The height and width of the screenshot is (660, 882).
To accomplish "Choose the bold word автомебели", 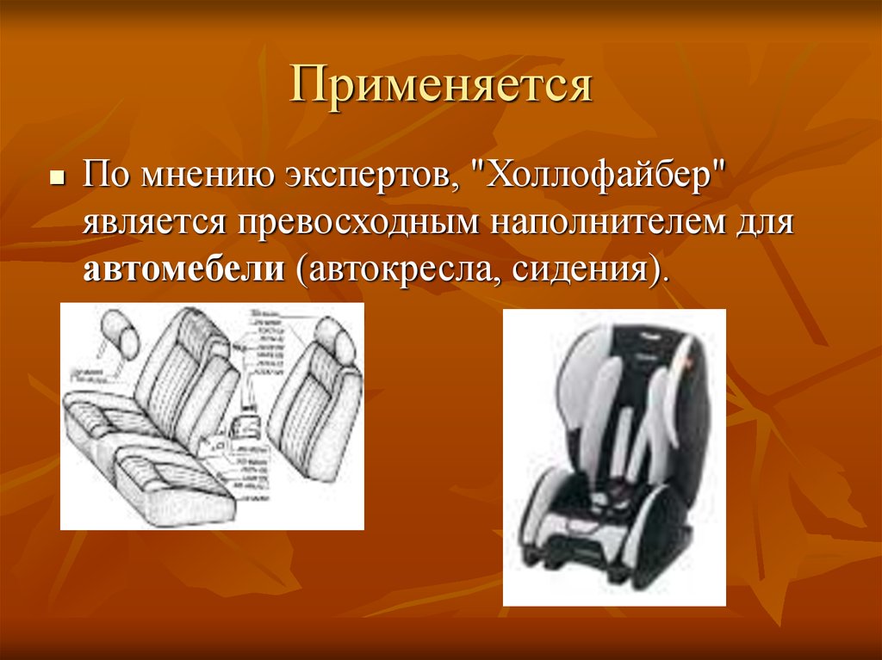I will [x=184, y=271].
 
